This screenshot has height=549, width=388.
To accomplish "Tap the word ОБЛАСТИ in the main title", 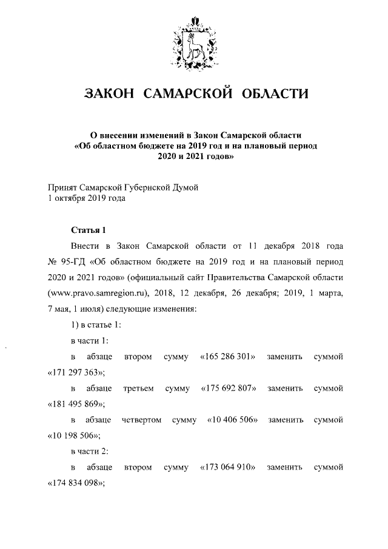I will click(275, 94).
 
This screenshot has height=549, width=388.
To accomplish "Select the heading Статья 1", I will click(88, 230).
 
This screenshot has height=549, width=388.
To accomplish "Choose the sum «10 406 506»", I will click(233, 420).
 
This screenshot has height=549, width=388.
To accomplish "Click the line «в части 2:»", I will click(89, 451).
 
